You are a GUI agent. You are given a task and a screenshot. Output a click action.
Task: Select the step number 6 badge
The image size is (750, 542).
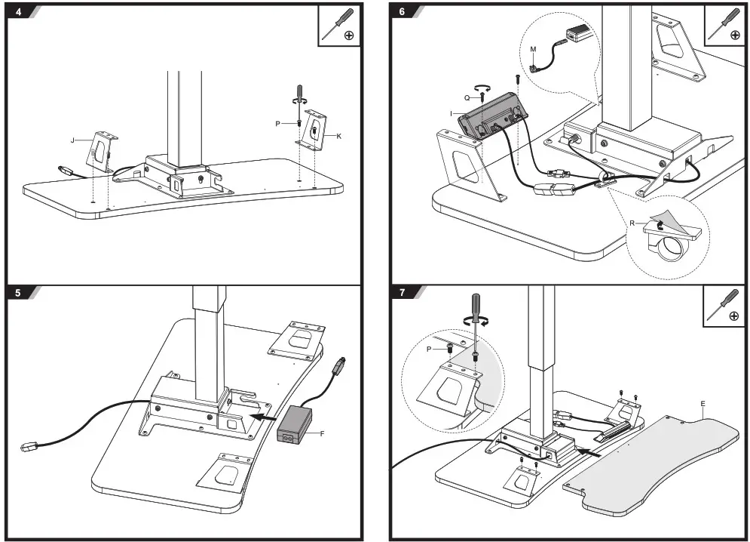pos(402,11)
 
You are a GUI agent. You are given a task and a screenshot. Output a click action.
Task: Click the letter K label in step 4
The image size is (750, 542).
pos(339,136)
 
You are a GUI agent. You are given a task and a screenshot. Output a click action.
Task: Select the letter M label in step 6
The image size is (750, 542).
pos(533,49)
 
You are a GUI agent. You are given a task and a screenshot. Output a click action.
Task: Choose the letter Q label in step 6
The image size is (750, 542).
pos(467,97)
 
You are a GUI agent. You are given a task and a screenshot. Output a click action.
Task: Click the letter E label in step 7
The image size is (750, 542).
pos(703,403)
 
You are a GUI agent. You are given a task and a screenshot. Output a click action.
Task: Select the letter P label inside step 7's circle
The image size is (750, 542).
pos(430,349)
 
